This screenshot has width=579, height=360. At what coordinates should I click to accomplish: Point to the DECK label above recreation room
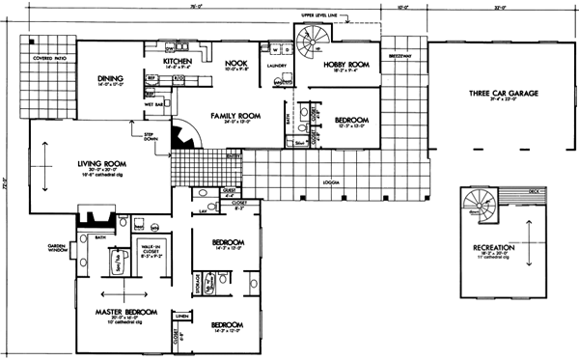coord(535,190)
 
